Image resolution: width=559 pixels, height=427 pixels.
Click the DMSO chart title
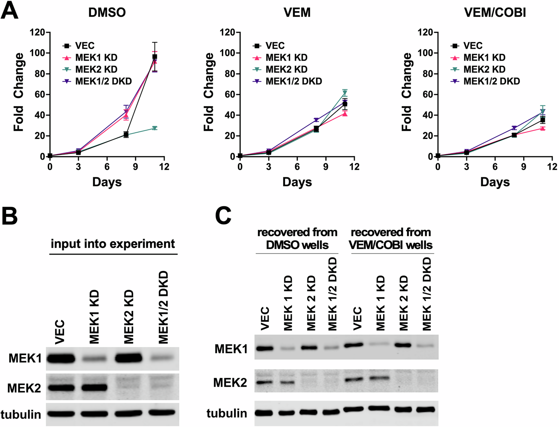pyautogui.click(x=107, y=12)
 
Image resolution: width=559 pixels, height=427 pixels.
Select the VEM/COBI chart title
pyautogui.click(x=495, y=12)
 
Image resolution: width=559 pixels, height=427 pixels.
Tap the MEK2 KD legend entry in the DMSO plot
pyautogui.click(x=96, y=70)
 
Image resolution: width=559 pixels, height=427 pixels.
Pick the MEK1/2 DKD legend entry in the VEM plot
pyautogui.click(x=294, y=82)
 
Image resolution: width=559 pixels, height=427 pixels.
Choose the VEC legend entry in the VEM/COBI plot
pyautogui.click(x=473, y=46)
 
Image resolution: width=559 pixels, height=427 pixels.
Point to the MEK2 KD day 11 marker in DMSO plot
pyautogui.click(x=155, y=128)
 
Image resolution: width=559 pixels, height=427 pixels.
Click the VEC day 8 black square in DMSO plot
pyautogui.click(x=126, y=134)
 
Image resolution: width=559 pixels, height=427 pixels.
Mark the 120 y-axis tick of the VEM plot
pyautogui.click(x=227, y=32)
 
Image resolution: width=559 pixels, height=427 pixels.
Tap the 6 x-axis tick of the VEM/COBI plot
pyautogui.click(x=495, y=167)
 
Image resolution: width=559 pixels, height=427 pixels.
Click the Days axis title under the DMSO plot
pyautogui.click(x=107, y=182)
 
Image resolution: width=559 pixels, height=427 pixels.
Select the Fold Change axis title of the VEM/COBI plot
pyautogui.click(x=407, y=92)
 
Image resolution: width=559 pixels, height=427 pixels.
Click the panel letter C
pyautogui.click(x=224, y=216)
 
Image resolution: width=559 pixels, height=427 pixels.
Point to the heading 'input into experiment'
pyautogui.click(x=113, y=244)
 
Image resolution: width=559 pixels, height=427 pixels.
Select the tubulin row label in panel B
pyautogui.click(x=21, y=414)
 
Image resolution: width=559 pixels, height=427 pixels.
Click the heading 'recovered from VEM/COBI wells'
pyautogui.click(x=391, y=239)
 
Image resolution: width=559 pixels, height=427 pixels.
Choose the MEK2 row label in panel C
pyautogui.click(x=230, y=382)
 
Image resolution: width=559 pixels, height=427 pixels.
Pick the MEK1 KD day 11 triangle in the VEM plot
pyautogui.click(x=345, y=114)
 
